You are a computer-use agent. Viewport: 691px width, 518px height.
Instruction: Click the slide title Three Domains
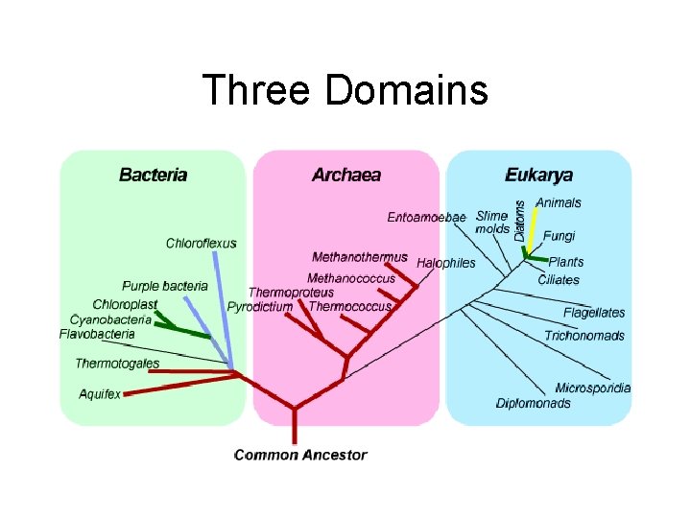[x=345, y=91]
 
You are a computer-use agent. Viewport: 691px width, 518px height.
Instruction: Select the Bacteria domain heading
[x=154, y=175]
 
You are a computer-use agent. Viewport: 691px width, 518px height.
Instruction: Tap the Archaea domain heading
[x=346, y=175]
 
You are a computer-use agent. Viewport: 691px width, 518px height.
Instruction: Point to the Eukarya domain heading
[x=538, y=175]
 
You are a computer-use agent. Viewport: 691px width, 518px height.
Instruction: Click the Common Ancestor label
[x=301, y=455]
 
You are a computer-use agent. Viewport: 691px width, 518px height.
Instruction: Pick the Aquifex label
[x=100, y=394]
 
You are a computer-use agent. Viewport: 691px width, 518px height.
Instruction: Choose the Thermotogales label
[x=117, y=364]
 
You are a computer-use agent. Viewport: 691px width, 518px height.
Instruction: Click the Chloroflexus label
[x=201, y=244]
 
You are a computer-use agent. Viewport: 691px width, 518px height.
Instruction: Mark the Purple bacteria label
[x=165, y=286]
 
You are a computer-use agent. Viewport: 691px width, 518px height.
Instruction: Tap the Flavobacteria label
[x=97, y=334]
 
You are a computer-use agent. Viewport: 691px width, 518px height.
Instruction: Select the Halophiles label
[x=446, y=263]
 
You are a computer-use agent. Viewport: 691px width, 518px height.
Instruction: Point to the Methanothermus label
[x=360, y=257]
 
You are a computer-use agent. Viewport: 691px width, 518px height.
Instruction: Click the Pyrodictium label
[x=260, y=307]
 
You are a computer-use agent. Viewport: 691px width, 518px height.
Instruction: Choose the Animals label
[x=558, y=202]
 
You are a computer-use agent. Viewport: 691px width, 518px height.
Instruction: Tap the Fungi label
[x=559, y=236]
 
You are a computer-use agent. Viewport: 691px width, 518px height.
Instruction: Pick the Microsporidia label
[x=592, y=388]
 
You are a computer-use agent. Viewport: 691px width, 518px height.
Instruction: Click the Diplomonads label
[x=534, y=403]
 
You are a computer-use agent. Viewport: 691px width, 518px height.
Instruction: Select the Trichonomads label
[x=584, y=336]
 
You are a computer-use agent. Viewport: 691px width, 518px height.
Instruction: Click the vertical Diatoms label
[x=520, y=220]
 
